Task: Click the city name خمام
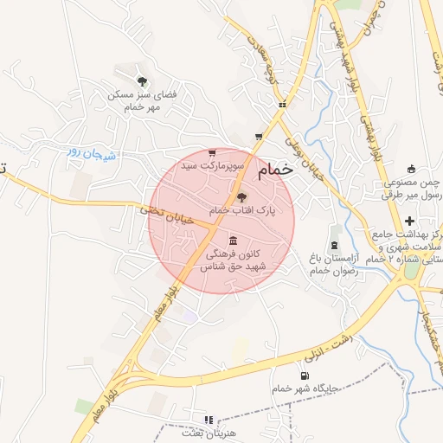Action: pos(276,171)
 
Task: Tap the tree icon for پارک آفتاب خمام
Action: pos(241,198)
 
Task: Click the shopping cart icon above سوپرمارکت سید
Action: pos(212,152)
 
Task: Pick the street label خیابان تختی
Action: pos(163,210)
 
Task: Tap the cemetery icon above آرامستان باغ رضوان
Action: pos(334,241)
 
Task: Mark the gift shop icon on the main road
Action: pos(281,105)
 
